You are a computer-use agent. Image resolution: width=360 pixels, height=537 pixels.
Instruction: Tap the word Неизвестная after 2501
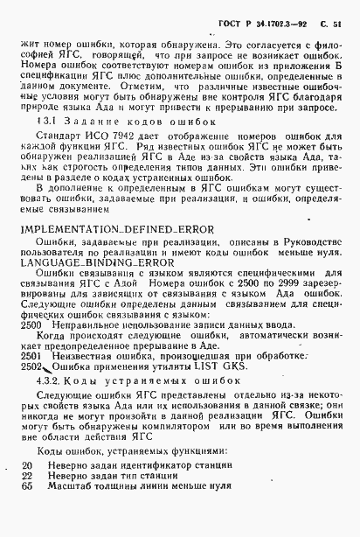click(x=80, y=354)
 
